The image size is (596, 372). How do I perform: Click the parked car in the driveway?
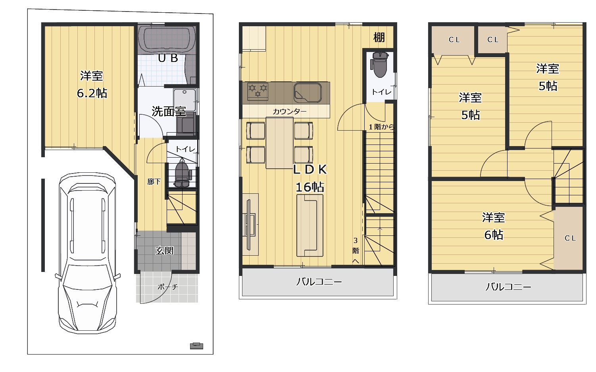(x=88, y=253)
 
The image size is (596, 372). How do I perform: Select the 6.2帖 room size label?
(x=92, y=93)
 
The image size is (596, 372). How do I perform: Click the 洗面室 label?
(x=168, y=111)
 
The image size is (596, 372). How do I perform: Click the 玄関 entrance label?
(x=164, y=251)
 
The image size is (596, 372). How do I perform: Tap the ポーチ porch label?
(x=167, y=287)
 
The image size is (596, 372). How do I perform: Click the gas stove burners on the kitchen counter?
(x=258, y=91)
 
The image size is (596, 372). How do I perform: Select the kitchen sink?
(x=308, y=93)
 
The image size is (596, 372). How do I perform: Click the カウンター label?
(x=290, y=112)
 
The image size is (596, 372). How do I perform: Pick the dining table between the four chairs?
(x=279, y=143)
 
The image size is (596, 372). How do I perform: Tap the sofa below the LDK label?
(x=310, y=226)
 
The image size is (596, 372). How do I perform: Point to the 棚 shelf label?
(x=379, y=37)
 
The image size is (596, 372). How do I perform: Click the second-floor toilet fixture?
(x=380, y=64)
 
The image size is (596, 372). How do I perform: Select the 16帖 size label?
(x=310, y=187)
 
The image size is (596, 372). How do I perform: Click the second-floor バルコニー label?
(x=319, y=282)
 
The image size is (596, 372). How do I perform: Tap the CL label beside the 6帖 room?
(x=570, y=238)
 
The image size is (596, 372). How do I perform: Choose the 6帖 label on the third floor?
(x=494, y=235)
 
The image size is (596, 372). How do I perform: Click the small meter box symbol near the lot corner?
(x=197, y=346)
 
